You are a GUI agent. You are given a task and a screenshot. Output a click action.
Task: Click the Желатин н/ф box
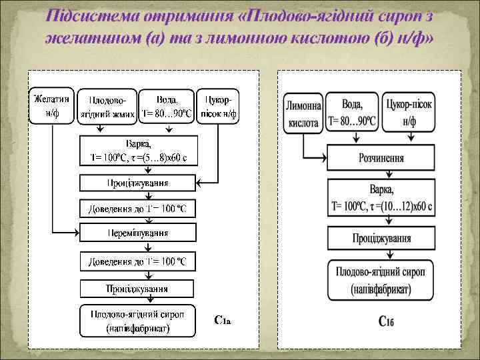[52, 105]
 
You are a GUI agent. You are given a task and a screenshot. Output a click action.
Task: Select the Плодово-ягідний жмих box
[107, 105]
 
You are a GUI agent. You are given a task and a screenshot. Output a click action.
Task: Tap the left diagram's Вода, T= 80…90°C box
[166, 105]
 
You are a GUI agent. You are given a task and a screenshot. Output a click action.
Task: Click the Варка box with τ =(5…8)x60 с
[138, 151]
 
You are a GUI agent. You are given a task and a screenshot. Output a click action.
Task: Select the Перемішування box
[138, 232]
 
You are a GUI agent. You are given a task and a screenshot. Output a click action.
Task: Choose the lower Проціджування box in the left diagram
[138, 289]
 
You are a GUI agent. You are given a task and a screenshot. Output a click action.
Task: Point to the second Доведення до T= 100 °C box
[138, 260]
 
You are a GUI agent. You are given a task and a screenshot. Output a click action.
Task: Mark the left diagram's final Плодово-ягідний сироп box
[138, 321]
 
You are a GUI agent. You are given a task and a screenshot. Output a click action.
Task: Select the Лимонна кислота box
[303, 113]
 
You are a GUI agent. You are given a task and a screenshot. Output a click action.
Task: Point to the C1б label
[386, 322]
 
